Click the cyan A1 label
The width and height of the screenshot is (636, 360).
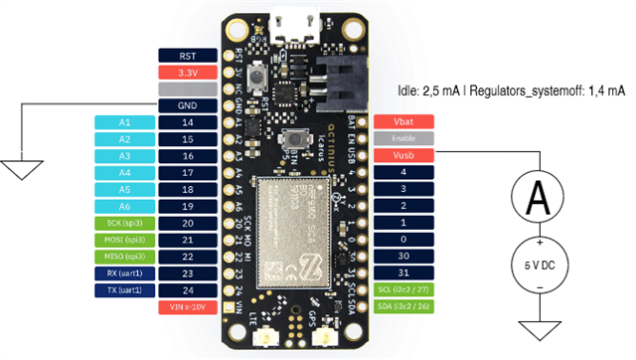coord(124,122)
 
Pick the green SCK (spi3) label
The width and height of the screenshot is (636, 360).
coord(124,223)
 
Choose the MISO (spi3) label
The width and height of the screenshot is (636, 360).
coord(124,257)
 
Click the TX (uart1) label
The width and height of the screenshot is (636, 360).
coord(124,290)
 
